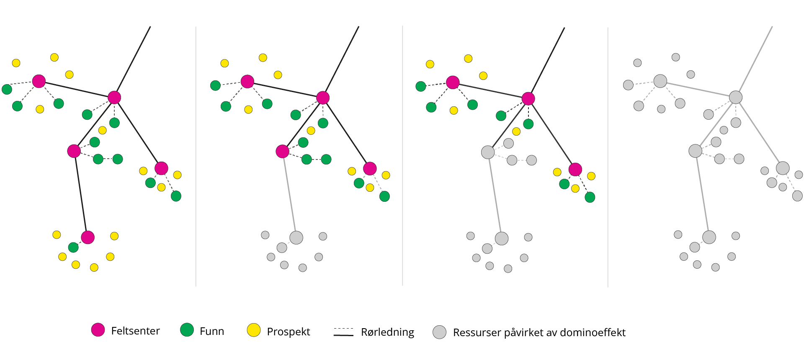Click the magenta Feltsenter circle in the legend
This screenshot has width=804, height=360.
pos(98,330)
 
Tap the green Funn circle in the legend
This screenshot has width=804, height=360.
pos(187,330)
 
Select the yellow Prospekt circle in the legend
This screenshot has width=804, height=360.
pos(254,330)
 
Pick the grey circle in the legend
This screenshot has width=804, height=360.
pos(439,332)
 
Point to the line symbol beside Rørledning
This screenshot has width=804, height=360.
pos(343,332)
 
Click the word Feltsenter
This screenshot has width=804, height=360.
pos(135,331)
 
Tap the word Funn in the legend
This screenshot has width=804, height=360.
pos(212,331)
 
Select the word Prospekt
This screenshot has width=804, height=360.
pos(289,332)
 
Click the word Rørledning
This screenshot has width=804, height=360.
pos(387,332)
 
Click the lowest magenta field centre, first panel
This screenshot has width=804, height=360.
pos(88,237)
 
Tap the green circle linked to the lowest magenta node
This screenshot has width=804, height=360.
pos(73,247)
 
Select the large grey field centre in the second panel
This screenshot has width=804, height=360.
pos(296,238)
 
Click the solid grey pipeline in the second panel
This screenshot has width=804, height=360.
pos(289,195)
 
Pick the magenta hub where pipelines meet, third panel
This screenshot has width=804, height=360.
pos(528,99)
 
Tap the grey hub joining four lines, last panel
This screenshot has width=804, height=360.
pos(736,97)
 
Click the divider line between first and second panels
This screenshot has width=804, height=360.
pos(196,156)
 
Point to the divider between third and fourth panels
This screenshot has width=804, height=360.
pos(608,157)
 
